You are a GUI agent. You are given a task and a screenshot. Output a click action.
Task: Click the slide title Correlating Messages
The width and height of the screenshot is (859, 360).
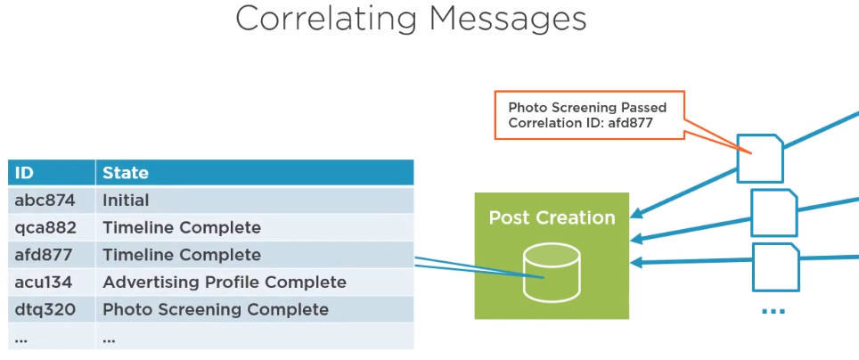(411, 19)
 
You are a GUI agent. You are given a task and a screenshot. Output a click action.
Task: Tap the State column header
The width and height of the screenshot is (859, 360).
(126, 173)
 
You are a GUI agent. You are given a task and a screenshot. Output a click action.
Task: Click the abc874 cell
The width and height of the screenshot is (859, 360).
(42, 200)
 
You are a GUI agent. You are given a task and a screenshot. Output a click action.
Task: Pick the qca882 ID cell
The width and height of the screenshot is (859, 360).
(42, 228)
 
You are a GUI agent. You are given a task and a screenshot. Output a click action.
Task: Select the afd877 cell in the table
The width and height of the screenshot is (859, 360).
(41, 255)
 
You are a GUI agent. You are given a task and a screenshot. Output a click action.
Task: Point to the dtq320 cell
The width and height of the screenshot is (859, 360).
(42, 310)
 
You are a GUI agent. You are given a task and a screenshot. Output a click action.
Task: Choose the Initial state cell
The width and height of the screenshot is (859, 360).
(126, 200)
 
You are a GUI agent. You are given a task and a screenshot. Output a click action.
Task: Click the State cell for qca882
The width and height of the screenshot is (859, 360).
(182, 228)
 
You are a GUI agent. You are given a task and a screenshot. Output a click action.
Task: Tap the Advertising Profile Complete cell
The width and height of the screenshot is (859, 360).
(225, 282)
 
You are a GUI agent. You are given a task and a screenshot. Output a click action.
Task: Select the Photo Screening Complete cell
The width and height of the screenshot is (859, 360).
(216, 310)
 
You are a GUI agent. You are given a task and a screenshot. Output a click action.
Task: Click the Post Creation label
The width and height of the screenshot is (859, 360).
(552, 217)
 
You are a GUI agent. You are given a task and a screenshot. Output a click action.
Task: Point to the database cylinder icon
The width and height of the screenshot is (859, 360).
(552, 266)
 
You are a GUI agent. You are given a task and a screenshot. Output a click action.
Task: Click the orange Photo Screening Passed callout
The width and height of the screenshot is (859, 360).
(588, 115)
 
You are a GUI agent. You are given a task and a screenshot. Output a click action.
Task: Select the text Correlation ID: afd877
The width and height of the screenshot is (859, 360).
(581, 124)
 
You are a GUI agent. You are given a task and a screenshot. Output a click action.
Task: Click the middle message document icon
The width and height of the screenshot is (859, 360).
(773, 212)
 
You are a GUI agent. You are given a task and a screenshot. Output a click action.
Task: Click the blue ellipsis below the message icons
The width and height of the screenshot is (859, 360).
(773, 310)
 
